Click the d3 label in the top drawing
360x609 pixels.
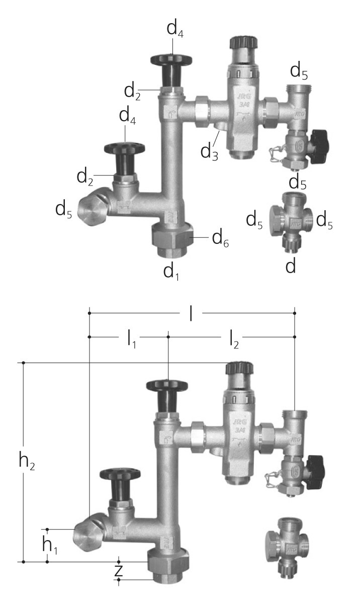pos(209,152)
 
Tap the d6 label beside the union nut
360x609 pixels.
pos(220,239)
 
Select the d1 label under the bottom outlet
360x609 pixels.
pos(171,272)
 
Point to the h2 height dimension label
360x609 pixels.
pos(27,460)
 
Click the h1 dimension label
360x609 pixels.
pos(49,545)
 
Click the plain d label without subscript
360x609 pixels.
pos(291,266)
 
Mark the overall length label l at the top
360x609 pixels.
pos(191,313)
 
